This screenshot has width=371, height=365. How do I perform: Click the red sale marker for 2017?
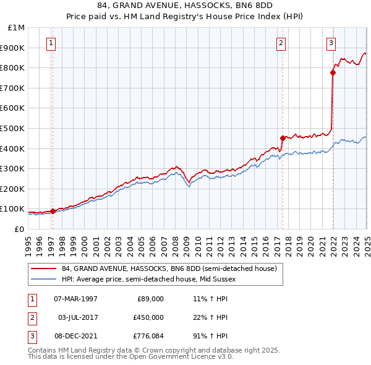(x=283, y=138)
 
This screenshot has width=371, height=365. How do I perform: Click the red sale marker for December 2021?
(x=333, y=72)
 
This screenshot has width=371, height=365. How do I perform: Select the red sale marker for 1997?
(x=53, y=211)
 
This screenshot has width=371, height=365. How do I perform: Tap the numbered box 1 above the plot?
(x=50, y=43)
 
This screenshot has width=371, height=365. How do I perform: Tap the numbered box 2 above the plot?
(x=281, y=43)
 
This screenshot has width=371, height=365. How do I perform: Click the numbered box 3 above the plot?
(x=331, y=43)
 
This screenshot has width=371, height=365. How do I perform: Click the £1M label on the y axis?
(x=16, y=28)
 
